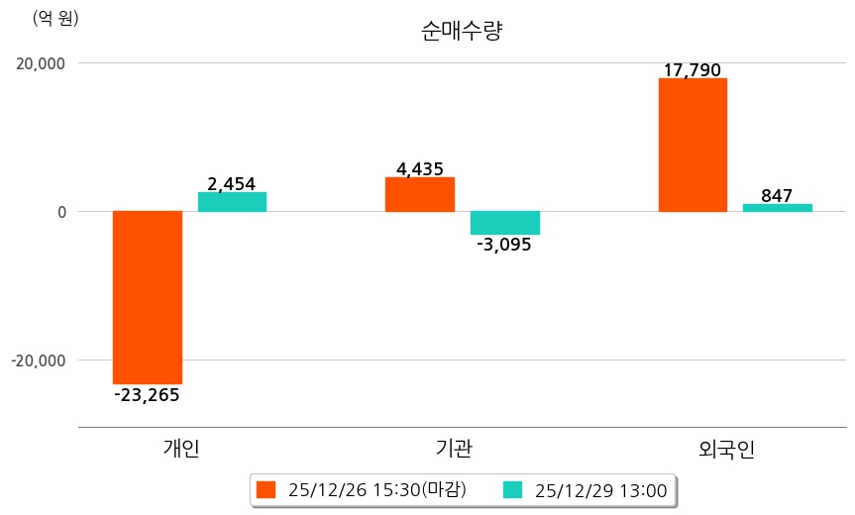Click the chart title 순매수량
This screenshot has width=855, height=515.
(x=462, y=31)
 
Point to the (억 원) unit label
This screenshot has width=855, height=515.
(x=55, y=18)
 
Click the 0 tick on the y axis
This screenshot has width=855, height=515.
(x=60, y=212)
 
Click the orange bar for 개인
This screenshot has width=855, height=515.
(x=148, y=297)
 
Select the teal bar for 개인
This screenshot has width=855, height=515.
(x=232, y=202)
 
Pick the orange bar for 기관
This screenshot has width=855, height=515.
(x=420, y=194)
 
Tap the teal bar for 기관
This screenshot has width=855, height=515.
(x=504, y=223)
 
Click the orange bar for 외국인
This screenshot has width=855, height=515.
(x=693, y=145)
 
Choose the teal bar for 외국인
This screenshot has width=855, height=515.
(x=777, y=208)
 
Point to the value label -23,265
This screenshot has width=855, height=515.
(x=148, y=395)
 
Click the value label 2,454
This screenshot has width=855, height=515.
(x=232, y=183)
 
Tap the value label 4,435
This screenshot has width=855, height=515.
(x=420, y=169)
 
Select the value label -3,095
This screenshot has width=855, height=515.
(x=504, y=245)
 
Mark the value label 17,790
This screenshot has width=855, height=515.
(x=693, y=70)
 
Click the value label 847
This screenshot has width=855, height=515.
(x=777, y=195)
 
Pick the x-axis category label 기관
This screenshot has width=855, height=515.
(x=454, y=449)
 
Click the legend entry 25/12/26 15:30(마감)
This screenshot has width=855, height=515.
(x=363, y=489)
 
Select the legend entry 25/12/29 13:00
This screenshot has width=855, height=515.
(x=586, y=489)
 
